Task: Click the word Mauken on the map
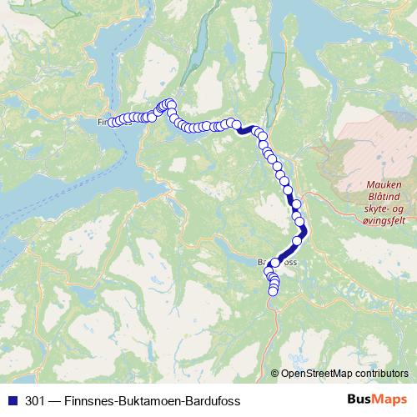[x=383, y=185]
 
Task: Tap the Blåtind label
[x=384, y=196]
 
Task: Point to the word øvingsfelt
[x=383, y=218]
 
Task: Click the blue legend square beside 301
[x=13, y=401]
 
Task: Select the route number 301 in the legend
[x=35, y=401]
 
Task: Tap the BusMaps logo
[x=376, y=401]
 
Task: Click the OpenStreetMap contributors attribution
[x=344, y=374]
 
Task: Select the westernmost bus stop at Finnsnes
[x=112, y=123]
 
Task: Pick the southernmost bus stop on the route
[x=273, y=291]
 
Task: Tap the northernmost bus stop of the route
[x=170, y=103]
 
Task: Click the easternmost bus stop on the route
[x=304, y=231]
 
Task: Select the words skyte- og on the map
[x=384, y=207]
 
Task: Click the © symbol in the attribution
[x=275, y=374]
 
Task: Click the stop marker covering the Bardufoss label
[x=274, y=263]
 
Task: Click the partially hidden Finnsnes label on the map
[x=103, y=123]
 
